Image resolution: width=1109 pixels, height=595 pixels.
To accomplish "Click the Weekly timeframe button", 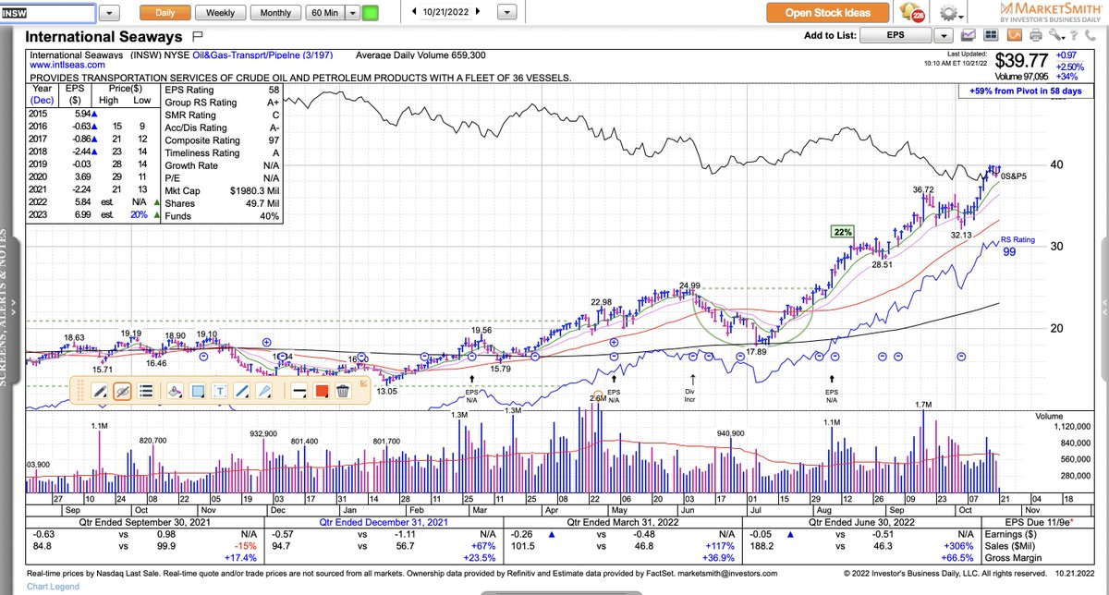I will (220, 13).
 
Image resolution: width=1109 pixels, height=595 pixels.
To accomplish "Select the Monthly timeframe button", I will (275, 13).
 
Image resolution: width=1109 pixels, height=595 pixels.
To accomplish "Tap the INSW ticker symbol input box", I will (47, 13).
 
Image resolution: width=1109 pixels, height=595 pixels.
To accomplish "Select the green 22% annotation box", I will (842, 231).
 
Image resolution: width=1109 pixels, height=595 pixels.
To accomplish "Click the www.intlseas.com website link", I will (65, 66).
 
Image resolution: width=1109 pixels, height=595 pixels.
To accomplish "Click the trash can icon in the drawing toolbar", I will (343, 391).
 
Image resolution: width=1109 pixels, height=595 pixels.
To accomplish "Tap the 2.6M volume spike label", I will (598, 398).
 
